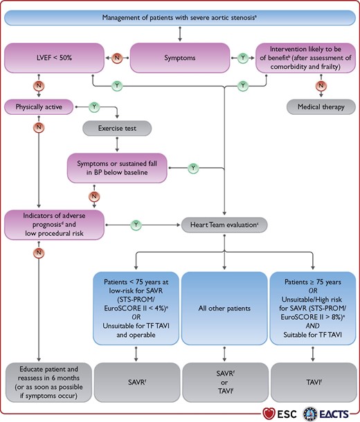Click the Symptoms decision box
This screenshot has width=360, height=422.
180,58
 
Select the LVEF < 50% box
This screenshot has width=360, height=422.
54,58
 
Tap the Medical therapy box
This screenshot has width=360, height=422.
321,107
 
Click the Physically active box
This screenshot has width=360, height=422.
39,107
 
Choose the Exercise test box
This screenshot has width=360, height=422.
117,128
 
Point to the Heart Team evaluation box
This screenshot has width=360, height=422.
224,225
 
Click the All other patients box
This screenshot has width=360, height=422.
224,308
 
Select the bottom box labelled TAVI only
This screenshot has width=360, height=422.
314,382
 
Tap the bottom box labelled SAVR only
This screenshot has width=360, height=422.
137,382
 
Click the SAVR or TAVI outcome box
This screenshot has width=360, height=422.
225,382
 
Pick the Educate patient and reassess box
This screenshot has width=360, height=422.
48,382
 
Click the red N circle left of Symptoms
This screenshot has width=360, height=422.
117,58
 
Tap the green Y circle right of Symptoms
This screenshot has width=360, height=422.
243,58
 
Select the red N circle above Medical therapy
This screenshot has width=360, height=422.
321,86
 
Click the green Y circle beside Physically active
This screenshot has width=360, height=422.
94,107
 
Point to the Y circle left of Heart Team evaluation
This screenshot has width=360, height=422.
136,225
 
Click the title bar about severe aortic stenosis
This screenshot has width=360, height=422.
180,18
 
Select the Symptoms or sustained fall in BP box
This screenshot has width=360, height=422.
117,168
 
